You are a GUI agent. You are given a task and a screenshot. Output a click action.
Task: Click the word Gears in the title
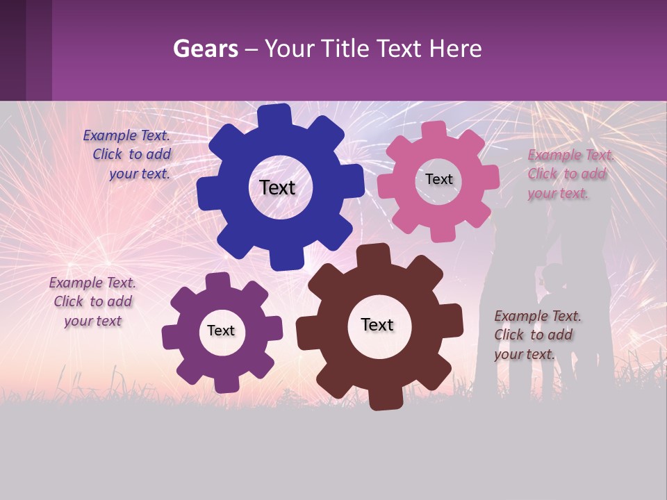(x=205, y=49)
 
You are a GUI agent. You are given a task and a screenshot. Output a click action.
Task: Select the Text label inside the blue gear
(x=277, y=187)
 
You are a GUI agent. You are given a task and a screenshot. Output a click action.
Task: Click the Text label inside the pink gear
(x=438, y=179)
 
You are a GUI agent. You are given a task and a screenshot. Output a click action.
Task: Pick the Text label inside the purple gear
(x=220, y=331)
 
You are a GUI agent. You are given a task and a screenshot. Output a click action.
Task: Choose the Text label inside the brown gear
(x=377, y=325)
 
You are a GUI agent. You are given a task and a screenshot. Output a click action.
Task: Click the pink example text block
(x=570, y=174)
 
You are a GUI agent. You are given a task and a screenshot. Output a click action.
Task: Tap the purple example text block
(x=92, y=301)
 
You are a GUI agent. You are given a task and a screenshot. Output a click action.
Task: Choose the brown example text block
(x=536, y=335)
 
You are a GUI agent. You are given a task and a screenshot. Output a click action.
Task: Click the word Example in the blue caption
(x=109, y=136)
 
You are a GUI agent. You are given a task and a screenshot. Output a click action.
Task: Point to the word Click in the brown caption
(x=509, y=335)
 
